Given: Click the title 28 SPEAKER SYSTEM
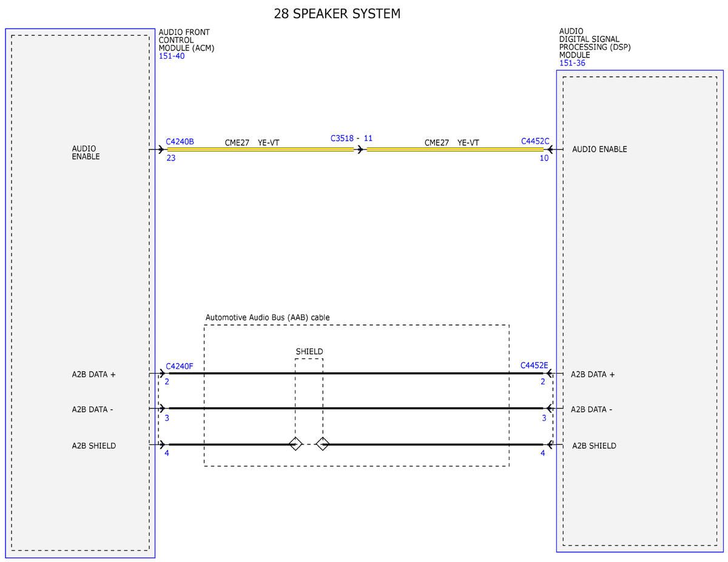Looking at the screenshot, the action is coord(337,14).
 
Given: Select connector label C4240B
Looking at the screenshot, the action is coord(180,142).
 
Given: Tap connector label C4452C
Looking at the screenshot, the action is coord(534,141).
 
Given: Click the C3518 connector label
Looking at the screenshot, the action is coord(342,138).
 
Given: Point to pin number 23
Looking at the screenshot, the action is coord(171,158).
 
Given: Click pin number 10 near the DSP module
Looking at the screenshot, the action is coord(544,158).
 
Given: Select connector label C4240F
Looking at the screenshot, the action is coord(179,366).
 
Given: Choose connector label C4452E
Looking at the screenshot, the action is coord(534,365).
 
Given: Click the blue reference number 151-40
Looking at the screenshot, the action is coord(172,56).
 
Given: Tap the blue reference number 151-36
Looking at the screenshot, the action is coord(572,63).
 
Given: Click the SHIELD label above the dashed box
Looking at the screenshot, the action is coord(309,352).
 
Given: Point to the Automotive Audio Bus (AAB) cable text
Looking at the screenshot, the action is coord(268,317).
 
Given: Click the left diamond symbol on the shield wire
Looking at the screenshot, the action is coord(295,444).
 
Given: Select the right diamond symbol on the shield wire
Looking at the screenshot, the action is coord(322,444).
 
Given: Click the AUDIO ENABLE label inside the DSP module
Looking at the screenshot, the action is coord(599,149).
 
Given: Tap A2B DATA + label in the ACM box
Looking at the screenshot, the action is coord(93,374).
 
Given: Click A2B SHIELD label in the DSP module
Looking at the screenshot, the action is coord(594,446).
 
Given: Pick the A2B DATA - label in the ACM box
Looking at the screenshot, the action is coord(92,409).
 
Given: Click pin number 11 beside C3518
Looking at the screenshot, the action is coord(368,138).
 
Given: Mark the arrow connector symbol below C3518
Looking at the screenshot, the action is coord(360,149).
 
